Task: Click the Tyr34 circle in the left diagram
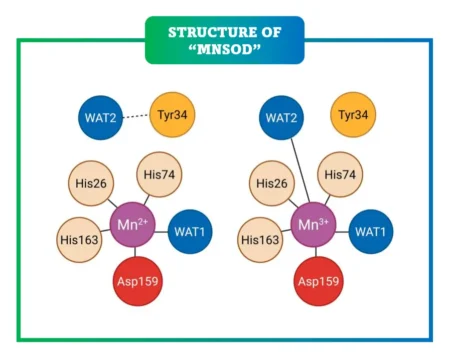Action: (173, 116)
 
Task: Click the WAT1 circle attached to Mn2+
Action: (191, 231)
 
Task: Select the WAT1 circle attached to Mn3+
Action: (373, 231)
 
